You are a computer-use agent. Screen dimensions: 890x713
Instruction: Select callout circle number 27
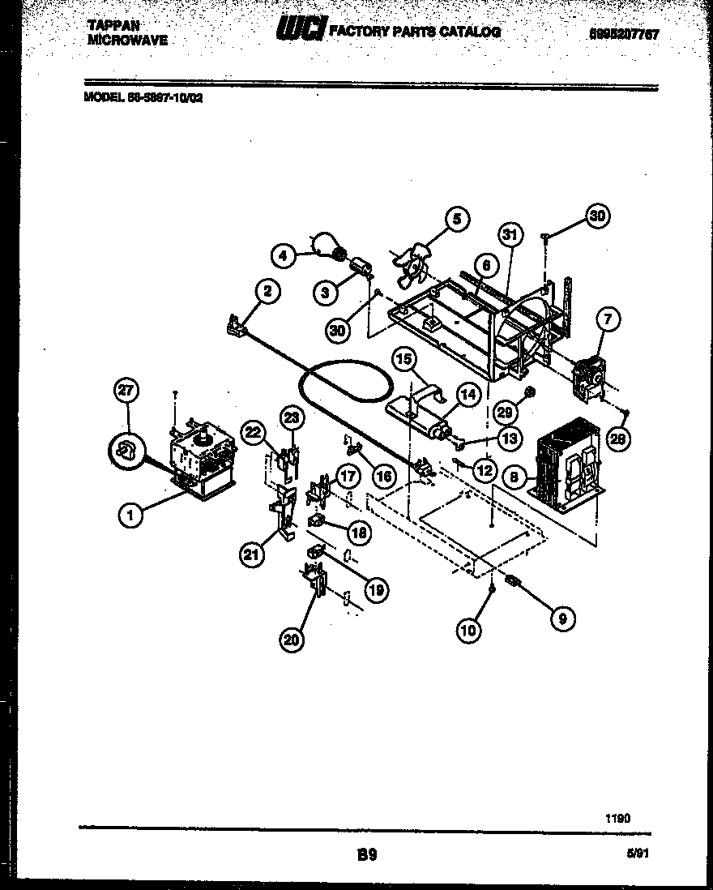coord(126,392)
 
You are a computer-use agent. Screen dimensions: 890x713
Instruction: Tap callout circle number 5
coord(456,219)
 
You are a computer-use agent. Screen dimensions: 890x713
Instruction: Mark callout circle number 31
coord(510,236)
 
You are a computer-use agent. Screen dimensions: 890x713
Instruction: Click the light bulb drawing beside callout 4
coord(326,245)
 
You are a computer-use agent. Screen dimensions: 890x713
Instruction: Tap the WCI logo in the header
coord(301,31)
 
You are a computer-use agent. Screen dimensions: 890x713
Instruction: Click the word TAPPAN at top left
coord(108,25)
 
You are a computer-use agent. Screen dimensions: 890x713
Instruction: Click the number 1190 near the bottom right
coord(617,819)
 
